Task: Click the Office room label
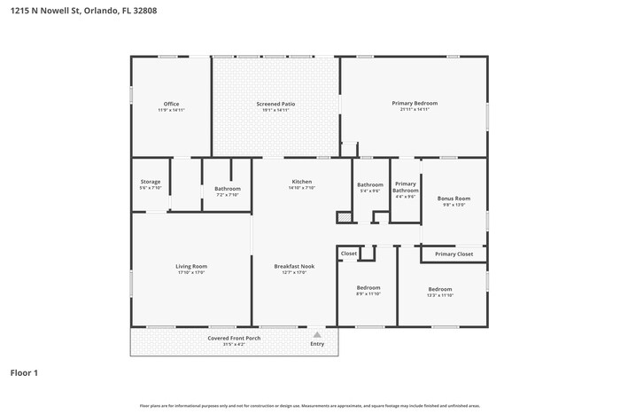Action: [171, 104]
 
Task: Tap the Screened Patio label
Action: [275, 104]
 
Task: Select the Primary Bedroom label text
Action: [415, 103]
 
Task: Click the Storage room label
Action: [150, 182]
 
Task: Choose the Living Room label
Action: [191, 266]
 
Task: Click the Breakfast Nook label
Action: [294, 266]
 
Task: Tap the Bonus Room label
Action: [453, 199]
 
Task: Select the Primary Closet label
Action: [453, 254]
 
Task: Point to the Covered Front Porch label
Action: [234, 338]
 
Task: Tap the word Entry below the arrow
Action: [317, 344]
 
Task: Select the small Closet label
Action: [349, 254]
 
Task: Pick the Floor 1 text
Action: [24, 373]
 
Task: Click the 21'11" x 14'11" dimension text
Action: [415, 109]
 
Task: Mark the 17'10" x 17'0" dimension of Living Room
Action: [191, 272]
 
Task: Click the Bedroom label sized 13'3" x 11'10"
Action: [440, 290]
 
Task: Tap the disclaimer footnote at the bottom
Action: [309, 405]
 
